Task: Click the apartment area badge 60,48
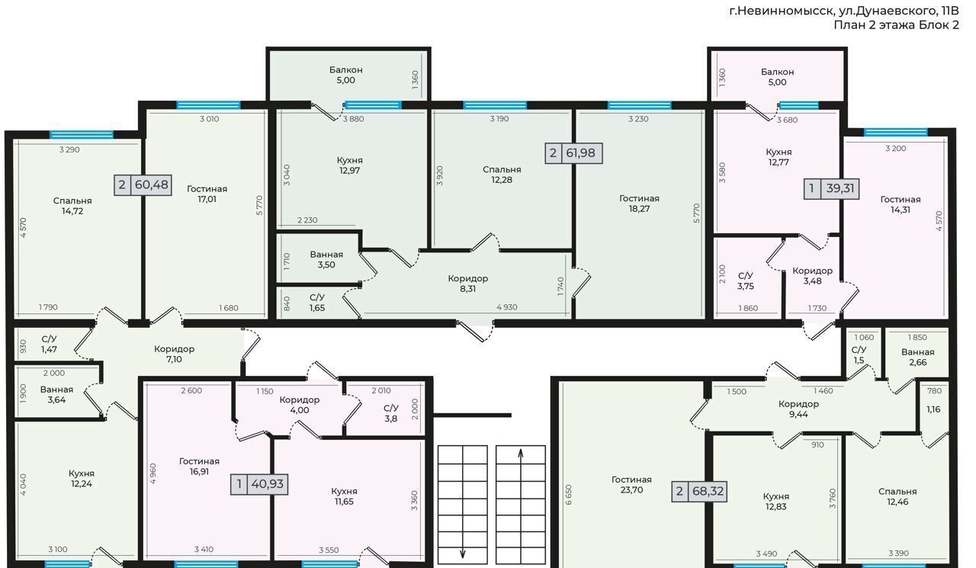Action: [143, 185]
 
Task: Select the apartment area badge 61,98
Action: [574, 153]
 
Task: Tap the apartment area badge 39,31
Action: [831, 188]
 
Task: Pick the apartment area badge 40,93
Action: [259, 484]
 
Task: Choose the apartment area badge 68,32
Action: [699, 491]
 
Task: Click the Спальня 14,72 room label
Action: [72, 206]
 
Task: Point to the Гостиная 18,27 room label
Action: [639, 204]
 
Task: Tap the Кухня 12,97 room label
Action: [349, 165]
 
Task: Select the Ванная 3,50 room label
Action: [326, 260]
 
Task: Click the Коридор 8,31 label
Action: [468, 284]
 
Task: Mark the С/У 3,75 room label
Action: [746, 281]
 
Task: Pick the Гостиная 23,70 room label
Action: [631, 485]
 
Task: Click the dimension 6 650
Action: [569, 495]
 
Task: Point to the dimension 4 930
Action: [507, 307]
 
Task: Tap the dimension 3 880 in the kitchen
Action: [353, 119]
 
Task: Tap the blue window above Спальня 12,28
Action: [495, 105]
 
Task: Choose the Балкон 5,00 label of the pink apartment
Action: [777, 77]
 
